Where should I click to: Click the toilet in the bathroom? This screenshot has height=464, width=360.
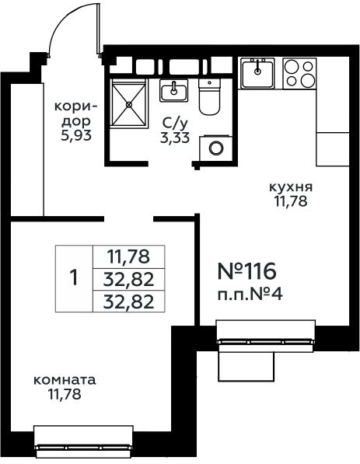tap(209, 96)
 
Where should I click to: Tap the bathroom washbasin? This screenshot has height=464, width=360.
tap(174, 90)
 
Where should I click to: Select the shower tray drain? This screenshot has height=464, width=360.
tap(129, 104)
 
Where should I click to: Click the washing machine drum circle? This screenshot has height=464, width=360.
tap(216, 148)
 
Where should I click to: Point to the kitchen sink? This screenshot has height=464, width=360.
tap(257, 73)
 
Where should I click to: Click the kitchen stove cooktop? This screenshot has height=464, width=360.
tap(299, 73)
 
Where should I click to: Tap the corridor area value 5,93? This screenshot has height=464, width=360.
tap(75, 135)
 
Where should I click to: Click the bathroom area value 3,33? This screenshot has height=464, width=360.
tap(175, 138)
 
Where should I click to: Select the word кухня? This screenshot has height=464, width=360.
tap(291, 187)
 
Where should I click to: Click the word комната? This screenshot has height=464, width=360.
tap(65, 380)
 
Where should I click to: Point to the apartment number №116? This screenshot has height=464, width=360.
tap(247, 271)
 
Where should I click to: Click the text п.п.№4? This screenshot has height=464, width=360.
tap(250, 295)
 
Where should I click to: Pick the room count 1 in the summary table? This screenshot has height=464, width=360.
tap(74, 278)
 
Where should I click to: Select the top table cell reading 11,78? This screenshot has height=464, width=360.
tap(128, 256)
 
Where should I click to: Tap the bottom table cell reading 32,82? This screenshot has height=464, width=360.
tap(128, 302)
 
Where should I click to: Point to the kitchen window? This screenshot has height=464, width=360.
tap(266, 336)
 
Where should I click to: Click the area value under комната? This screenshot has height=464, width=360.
tap(65, 395)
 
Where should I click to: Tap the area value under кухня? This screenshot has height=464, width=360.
tap(291, 201)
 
